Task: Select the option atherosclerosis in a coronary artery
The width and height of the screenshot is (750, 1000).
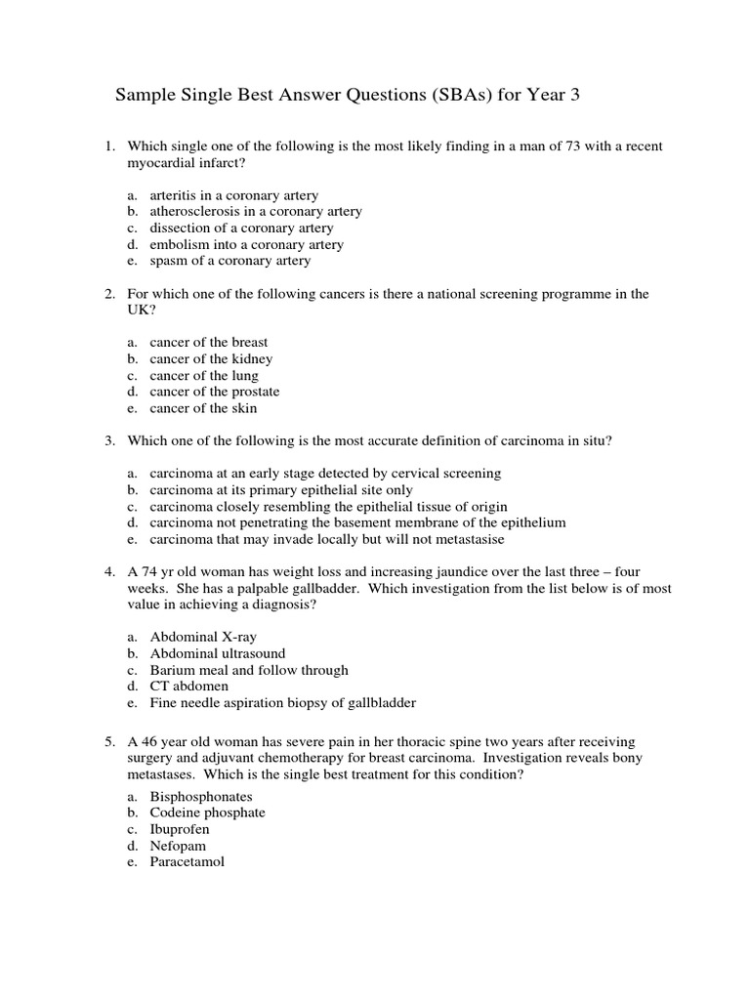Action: (256, 211)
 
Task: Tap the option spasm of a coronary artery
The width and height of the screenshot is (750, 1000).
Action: (230, 261)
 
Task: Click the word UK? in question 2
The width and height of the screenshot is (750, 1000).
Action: (143, 309)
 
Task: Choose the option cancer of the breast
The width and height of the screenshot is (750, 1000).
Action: (209, 342)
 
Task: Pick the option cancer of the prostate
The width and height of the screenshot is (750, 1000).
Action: (215, 392)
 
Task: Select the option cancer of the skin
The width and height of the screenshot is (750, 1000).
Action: (203, 408)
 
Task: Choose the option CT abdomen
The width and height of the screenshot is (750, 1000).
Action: (189, 686)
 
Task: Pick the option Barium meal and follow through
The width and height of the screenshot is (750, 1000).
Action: (249, 670)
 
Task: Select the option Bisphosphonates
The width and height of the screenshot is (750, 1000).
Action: (201, 796)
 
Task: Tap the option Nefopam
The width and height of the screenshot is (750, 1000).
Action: (178, 846)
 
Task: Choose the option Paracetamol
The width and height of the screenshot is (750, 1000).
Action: (187, 862)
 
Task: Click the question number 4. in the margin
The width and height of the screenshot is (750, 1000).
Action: (110, 571)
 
